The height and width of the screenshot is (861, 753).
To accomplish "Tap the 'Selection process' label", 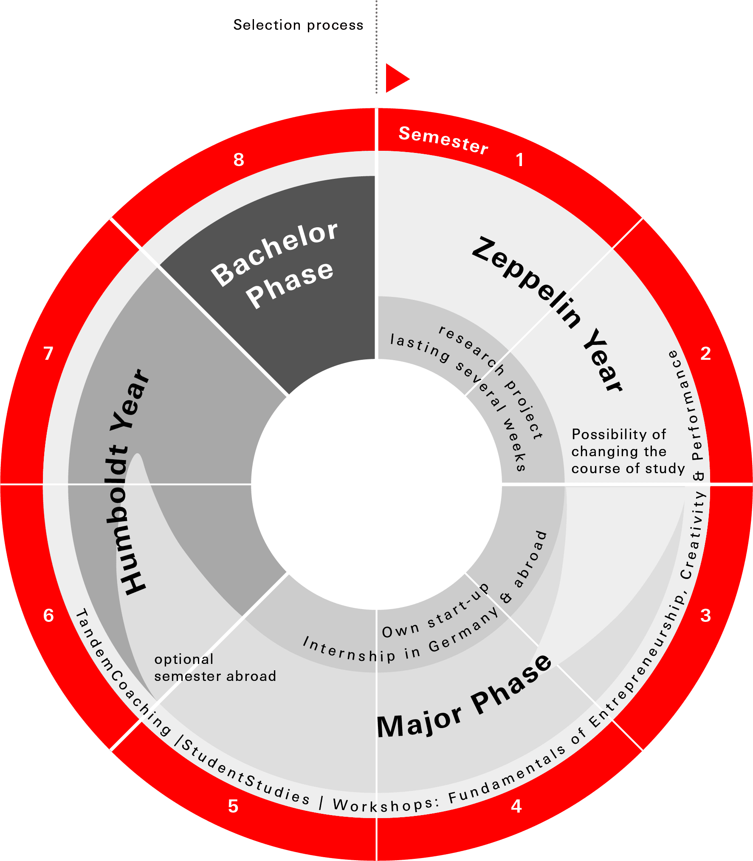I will coord(298,25).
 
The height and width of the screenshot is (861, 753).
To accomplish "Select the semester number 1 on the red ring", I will coord(519,160).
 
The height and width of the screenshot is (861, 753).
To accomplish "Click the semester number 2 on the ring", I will coord(705,353).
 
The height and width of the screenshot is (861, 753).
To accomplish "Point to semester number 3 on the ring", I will coord(705,615).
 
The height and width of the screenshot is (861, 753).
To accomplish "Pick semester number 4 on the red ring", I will coord(516,806).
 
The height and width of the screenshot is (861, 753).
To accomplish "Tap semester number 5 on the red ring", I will coord(233,806).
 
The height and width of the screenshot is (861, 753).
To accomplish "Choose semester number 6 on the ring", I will coord(48,615).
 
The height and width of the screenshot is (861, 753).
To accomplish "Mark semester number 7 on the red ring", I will coord(48,353).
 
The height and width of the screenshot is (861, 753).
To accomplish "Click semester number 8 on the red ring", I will coord(239,160).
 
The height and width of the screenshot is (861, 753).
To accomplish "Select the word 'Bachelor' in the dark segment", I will coord(274,254).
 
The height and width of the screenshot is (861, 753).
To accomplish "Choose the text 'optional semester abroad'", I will coord(215,667).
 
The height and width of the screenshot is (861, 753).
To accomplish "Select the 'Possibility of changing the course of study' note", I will coord(628,451).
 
